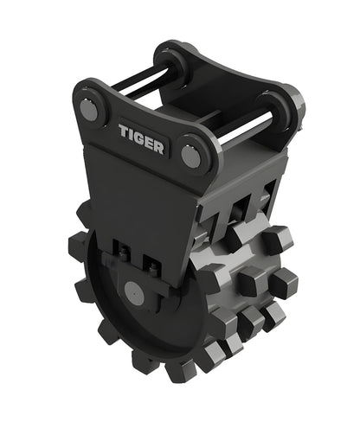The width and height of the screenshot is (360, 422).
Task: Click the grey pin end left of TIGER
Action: coord(89,108)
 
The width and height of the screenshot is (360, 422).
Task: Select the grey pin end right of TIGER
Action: coord(190,155)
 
